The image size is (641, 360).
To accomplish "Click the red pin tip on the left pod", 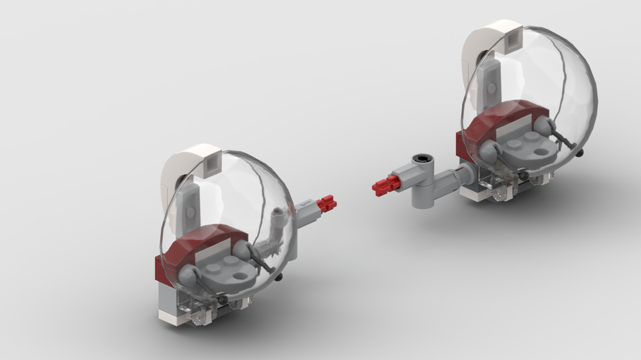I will tap(327, 204).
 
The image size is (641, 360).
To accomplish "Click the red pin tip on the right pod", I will tap(383, 186).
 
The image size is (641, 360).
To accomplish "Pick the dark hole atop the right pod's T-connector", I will tap(422, 157).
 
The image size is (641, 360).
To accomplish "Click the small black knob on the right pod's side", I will tap(580, 154).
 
